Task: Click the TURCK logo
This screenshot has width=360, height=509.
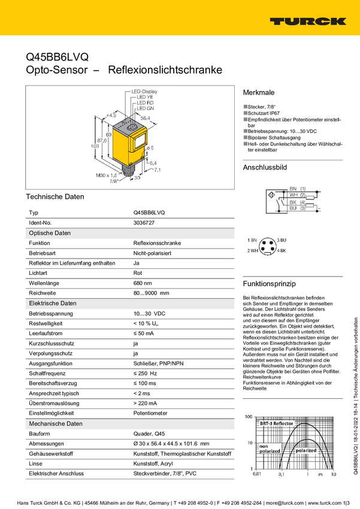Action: click(307, 21)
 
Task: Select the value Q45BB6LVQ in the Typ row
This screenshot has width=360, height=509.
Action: click(149, 213)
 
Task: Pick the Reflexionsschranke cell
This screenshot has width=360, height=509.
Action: click(157, 243)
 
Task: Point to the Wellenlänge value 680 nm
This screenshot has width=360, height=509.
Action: click(143, 283)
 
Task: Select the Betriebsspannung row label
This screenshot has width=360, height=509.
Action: click(51, 313)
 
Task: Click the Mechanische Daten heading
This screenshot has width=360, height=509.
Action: click(56, 423)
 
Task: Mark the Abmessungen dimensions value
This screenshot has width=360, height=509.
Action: click(171, 444)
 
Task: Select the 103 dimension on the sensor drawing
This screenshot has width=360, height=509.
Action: click(93, 146)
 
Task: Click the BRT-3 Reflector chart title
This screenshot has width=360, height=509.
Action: click(276, 423)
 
